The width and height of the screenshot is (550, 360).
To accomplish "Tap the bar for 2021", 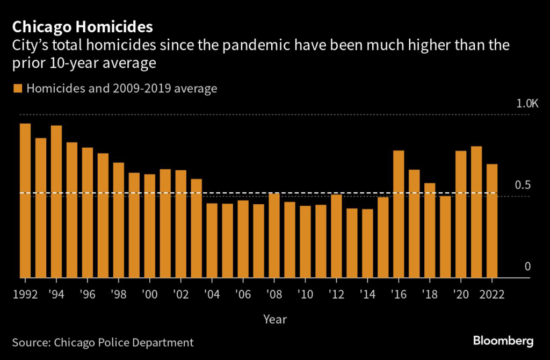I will (476, 212).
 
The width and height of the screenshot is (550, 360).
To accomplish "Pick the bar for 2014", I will (367, 243).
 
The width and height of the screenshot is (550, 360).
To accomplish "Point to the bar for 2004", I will (212, 240).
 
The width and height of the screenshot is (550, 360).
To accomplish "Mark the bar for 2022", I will (492, 221).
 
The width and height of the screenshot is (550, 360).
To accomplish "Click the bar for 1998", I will (119, 220).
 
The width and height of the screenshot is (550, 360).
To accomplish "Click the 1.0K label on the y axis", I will (527, 103).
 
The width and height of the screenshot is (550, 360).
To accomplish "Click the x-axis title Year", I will (275, 319).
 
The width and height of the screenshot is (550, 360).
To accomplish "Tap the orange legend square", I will (18, 88).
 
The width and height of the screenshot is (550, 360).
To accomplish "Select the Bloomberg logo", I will (503, 341).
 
